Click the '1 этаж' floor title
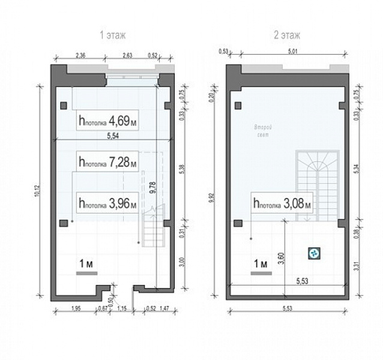click(113, 35)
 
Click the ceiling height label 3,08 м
click(282, 204)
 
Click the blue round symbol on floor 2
click(313, 254)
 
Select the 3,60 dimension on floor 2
click(280, 258)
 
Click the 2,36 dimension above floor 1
click(80, 55)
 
